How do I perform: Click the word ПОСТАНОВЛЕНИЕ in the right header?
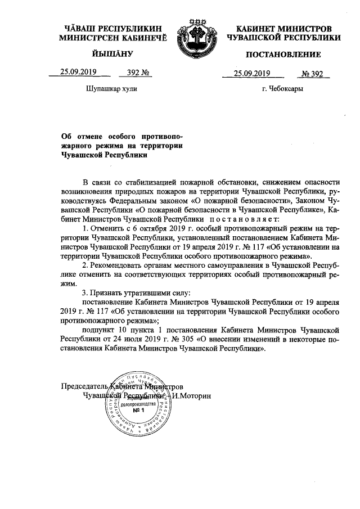click(283, 55)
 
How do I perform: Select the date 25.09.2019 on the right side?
click(253, 73)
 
